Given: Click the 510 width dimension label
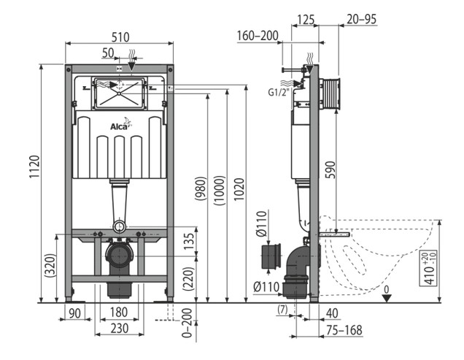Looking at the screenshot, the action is tap(120, 37).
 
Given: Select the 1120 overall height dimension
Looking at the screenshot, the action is tap(34, 166).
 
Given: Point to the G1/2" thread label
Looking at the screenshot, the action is tap(277, 92).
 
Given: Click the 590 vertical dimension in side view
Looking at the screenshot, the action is tap(330, 170).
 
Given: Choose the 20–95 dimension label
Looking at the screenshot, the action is tap(362, 19).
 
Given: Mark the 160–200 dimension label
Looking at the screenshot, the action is tap(258, 36).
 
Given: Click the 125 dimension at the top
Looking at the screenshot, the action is tap(306, 20).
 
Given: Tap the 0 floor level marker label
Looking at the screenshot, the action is tap(387, 289).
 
